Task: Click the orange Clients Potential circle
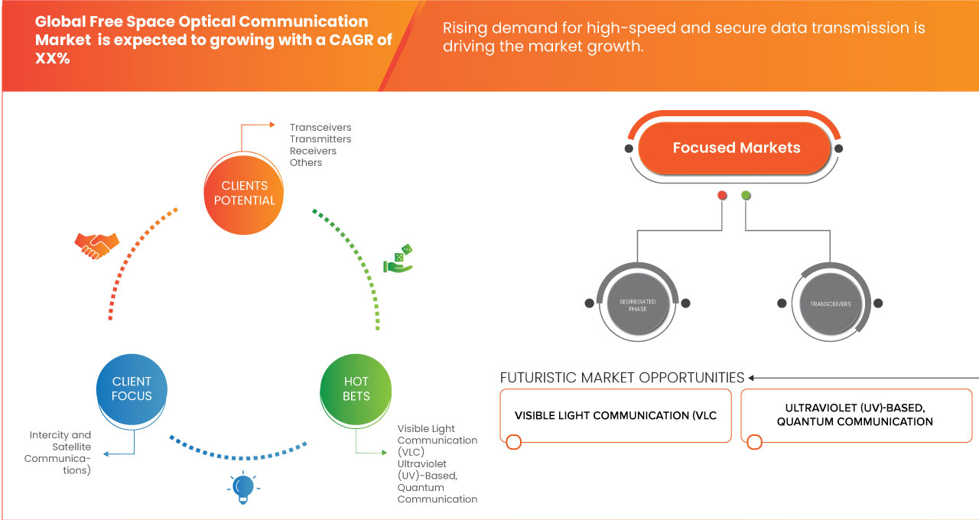244,193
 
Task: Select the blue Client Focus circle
132,388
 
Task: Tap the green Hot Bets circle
356,388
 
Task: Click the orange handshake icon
96,245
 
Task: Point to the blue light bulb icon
242,487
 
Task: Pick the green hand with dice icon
398,259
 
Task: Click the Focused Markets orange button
736,148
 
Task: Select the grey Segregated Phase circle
637,304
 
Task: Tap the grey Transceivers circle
830,304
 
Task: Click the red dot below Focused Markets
722,196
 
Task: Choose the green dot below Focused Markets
746,196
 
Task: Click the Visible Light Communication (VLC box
616,416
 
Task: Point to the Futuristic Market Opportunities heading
622,378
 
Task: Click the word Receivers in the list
313,151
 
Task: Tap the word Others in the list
306,162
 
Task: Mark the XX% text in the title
52,58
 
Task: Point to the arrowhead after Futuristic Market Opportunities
752,378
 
